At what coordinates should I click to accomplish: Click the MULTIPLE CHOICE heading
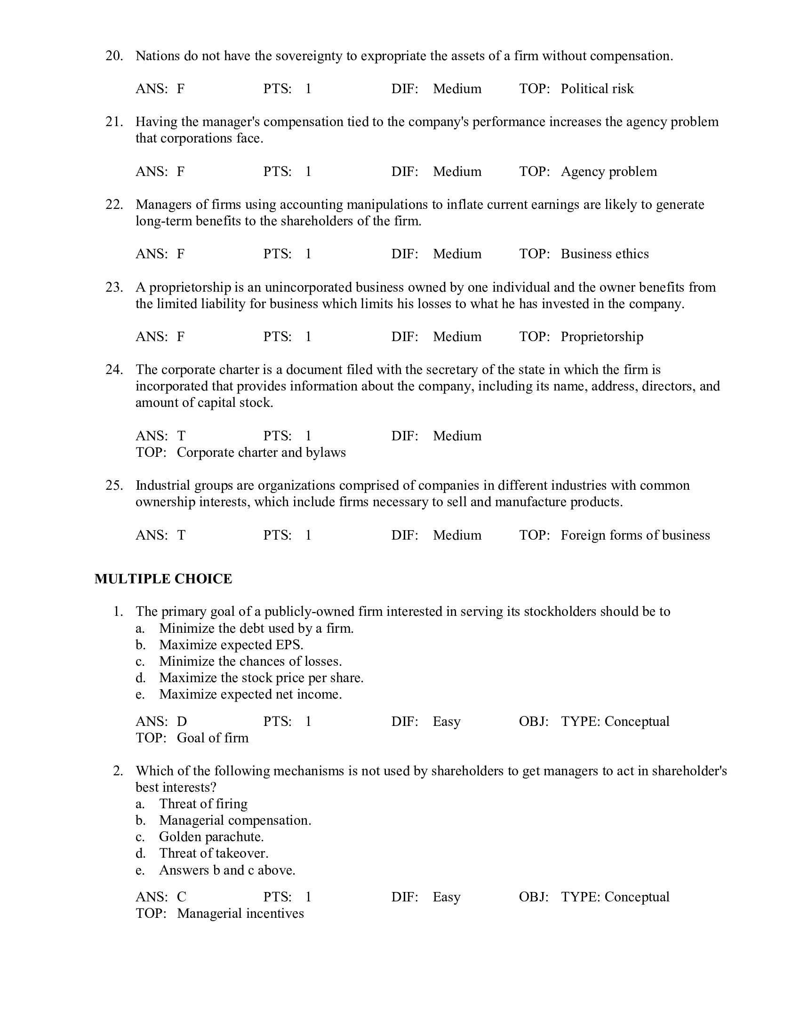(x=163, y=579)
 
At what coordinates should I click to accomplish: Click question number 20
(x=114, y=56)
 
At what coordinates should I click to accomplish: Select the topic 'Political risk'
(x=597, y=88)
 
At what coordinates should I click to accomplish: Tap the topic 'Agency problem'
(x=608, y=171)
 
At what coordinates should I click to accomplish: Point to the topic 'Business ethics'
(x=604, y=254)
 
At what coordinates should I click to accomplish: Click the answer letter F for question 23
(x=181, y=336)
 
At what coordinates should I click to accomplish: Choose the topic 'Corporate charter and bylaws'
(x=261, y=452)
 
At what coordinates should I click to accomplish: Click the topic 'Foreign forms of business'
(x=635, y=535)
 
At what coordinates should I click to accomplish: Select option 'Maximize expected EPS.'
(x=231, y=645)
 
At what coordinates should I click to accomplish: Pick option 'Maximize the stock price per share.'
(x=261, y=677)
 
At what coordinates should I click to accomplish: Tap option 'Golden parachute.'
(x=211, y=836)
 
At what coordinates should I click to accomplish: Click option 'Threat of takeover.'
(x=214, y=853)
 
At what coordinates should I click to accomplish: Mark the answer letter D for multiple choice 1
(x=182, y=721)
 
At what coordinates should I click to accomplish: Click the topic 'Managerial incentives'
(x=240, y=913)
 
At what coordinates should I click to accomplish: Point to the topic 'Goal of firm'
(x=212, y=738)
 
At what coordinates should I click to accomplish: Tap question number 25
(x=114, y=486)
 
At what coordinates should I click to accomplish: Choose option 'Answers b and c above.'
(x=227, y=870)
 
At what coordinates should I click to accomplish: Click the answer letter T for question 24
(x=181, y=436)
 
